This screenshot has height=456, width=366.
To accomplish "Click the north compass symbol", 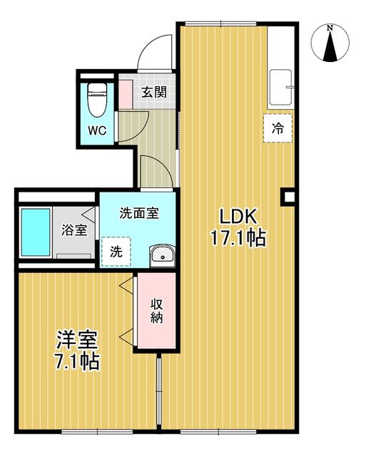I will pos(329,44).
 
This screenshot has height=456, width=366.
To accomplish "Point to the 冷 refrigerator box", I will pos(278,128).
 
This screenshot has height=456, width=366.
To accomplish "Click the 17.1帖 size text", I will pos(238,238).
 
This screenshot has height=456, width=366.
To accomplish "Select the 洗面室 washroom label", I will pos(138,212).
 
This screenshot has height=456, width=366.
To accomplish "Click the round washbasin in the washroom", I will pos(161,254).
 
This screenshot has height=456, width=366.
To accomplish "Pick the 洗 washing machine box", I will pos(116,251).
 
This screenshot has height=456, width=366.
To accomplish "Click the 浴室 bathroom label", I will pos(74,230).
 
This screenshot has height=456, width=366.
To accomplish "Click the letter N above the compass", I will pos(329,28).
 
